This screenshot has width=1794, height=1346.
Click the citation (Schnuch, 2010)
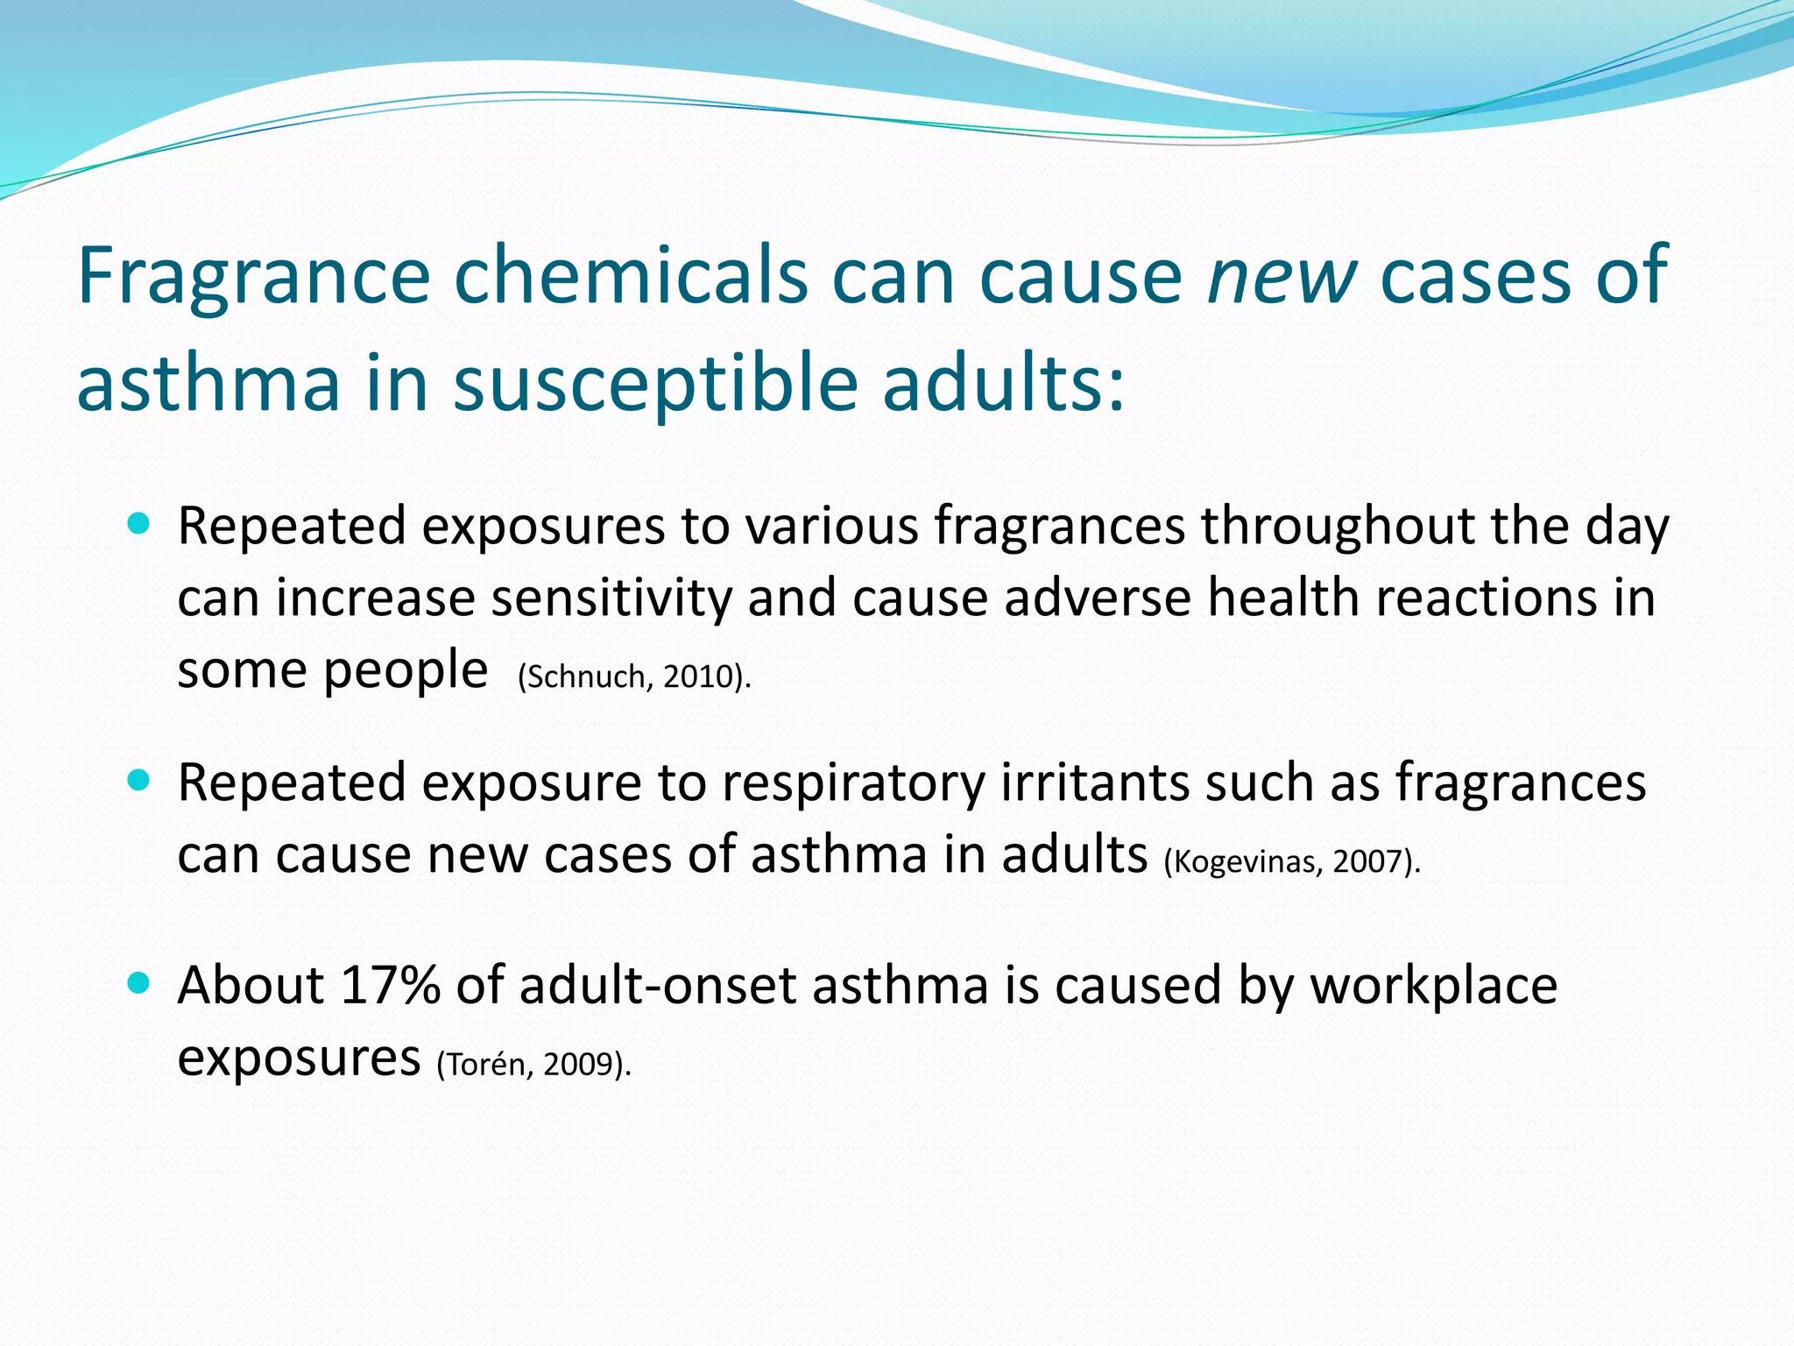tap(634, 677)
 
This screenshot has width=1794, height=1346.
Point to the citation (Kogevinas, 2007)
tap(1292, 862)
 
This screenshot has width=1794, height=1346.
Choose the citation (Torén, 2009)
tap(533, 1065)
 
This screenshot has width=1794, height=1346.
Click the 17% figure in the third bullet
tap(390, 985)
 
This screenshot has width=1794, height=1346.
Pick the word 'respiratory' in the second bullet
tap(853, 783)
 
